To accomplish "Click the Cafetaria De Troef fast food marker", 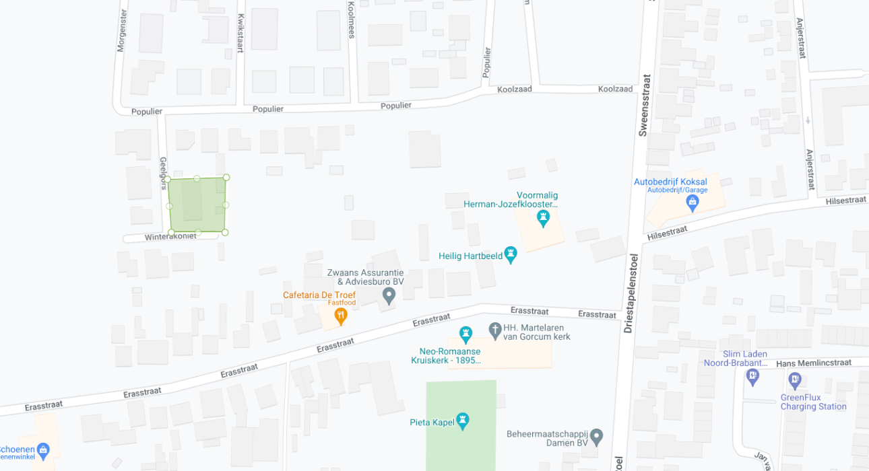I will point(341,315).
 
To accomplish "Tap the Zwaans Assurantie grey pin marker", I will point(389,295).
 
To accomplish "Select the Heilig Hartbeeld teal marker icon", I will point(511,254).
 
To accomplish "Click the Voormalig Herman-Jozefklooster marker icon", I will point(543,218).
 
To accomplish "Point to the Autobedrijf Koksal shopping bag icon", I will point(693,202).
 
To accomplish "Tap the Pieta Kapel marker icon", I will point(462,421).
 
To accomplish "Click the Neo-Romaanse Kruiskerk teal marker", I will point(465,333).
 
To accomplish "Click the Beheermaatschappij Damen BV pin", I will point(596,435).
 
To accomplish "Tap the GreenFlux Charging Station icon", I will point(795,380).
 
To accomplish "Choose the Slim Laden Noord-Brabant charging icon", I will point(752,377).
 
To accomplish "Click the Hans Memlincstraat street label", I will point(814,363).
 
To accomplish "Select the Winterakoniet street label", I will point(170,236).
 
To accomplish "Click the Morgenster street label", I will point(122,30).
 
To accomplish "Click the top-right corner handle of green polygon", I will point(226,178).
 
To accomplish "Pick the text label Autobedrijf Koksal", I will point(670,182).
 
